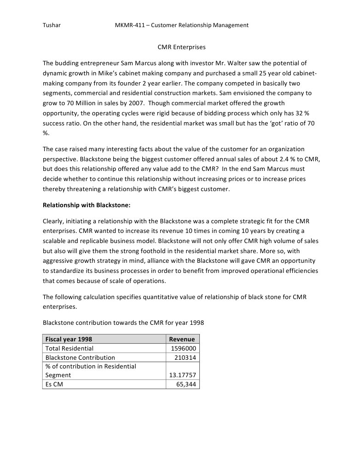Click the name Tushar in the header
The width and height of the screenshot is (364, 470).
click(x=52, y=25)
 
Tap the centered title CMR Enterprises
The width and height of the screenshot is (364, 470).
click(x=182, y=47)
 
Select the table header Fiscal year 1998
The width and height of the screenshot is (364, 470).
click(x=69, y=339)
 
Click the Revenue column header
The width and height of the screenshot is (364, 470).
click(x=182, y=339)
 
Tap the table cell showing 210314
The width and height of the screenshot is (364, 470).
click(x=185, y=357)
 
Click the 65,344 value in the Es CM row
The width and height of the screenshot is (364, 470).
click(x=187, y=384)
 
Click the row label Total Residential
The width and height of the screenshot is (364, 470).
click(x=69, y=348)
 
